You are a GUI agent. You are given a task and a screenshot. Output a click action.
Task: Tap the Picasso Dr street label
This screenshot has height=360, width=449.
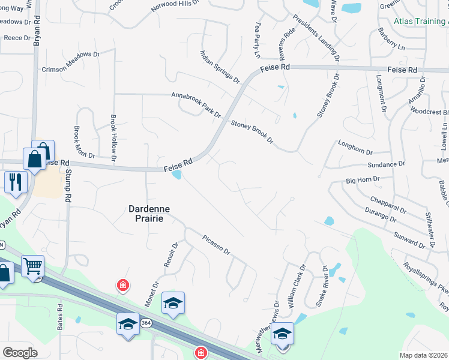click(217, 244)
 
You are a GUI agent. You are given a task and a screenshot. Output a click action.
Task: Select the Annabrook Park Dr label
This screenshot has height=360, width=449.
click(196, 104)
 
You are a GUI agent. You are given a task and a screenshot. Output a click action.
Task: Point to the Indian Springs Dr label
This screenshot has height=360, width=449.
click(220, 67)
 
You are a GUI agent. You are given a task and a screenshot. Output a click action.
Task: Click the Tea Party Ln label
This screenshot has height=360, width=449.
click(259, 41)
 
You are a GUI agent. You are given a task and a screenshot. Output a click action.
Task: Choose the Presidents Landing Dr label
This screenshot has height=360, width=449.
click(317, 39)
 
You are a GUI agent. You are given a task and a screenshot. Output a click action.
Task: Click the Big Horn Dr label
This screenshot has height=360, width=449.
click(363, 179)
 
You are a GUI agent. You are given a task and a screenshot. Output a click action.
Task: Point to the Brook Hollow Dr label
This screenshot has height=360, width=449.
click(113, 138)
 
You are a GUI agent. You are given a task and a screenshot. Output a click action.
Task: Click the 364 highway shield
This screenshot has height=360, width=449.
click(146, 323)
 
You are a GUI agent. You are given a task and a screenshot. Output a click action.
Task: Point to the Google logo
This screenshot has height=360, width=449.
click(20, 353)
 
